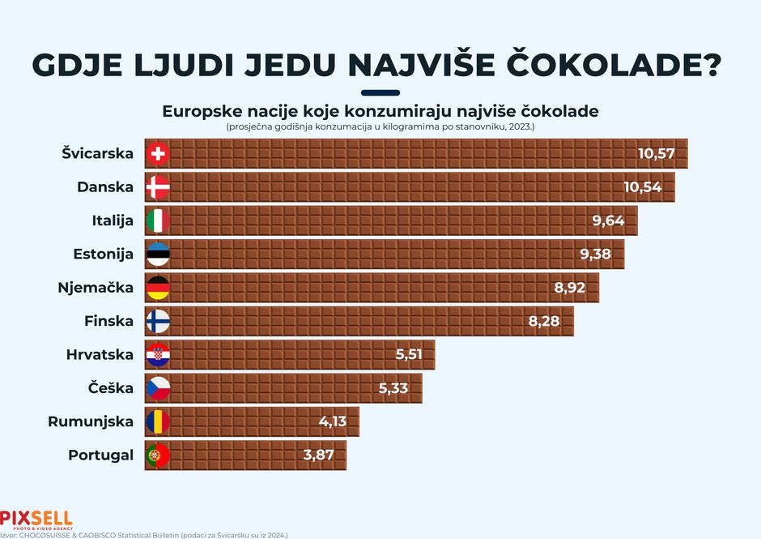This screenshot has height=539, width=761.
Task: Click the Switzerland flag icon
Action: coord(157,154)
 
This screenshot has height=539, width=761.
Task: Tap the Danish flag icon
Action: coord(157,188)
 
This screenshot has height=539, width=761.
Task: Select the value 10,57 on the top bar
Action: coord(656,154)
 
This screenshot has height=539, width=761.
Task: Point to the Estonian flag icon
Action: coord(157,255)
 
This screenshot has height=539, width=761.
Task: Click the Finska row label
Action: coord(108,321)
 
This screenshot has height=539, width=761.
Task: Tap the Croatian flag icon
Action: coord(157,355)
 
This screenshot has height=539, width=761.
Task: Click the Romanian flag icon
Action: coord(157,421)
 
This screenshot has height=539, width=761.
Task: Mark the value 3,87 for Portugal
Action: coord(319,456)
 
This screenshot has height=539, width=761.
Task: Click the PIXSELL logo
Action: coord(36,518)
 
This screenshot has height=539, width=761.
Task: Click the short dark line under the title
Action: coord(380,92)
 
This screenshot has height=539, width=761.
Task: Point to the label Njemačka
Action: coord(96,288)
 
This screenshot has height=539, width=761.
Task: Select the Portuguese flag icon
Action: coord(157,456)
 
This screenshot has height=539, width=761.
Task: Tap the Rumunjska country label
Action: coord(91,421)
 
